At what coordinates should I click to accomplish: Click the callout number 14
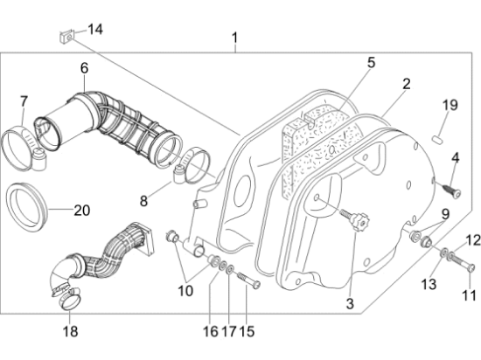(x=95, y=30)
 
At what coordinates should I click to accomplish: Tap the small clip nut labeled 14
(x=66, y=37)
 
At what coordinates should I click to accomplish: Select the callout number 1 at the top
(x=235, y=38)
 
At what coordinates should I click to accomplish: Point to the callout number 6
(x=84, y=68)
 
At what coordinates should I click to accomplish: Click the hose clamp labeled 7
(x=24, y=149)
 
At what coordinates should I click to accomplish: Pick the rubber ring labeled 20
(x=27, y=207)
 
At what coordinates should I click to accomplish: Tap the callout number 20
(x=82, y=211)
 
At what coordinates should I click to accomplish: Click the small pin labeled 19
(x=437, y=140)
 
